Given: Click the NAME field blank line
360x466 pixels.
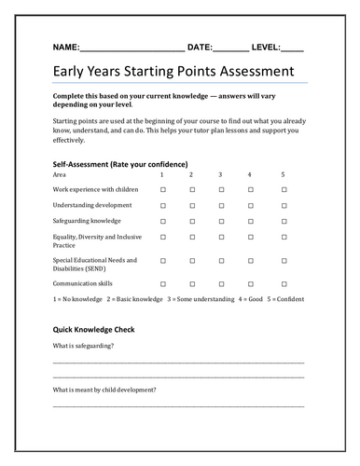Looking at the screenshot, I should pos(132,48).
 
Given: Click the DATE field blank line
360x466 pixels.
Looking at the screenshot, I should pos(231,48).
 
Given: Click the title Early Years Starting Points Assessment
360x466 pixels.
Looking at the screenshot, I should pos(173,73).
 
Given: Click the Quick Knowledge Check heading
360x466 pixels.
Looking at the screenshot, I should pos(94,330).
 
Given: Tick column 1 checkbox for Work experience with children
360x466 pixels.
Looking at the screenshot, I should pos(162,189).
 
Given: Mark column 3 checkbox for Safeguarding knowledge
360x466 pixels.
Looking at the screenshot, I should pos(220,221).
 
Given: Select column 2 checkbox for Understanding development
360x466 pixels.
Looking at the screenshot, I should pos(191,205).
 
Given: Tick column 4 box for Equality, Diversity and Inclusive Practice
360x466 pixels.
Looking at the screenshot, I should pos(249,240).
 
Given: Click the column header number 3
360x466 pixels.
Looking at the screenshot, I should pos(220,174).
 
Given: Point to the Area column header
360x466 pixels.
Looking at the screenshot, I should pos(60,174).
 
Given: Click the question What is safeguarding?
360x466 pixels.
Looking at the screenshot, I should pos(84,346).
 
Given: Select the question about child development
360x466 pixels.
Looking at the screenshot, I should pos(104,389).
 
